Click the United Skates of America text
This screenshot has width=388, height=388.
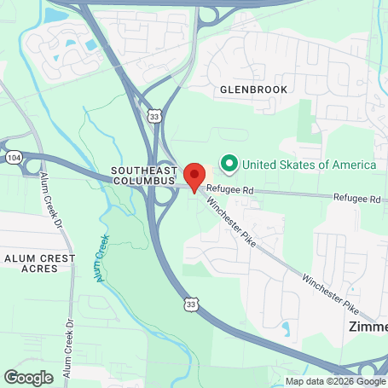point(309,164)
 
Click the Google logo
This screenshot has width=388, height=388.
point(28,376)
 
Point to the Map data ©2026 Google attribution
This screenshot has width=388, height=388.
point(334,381)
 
